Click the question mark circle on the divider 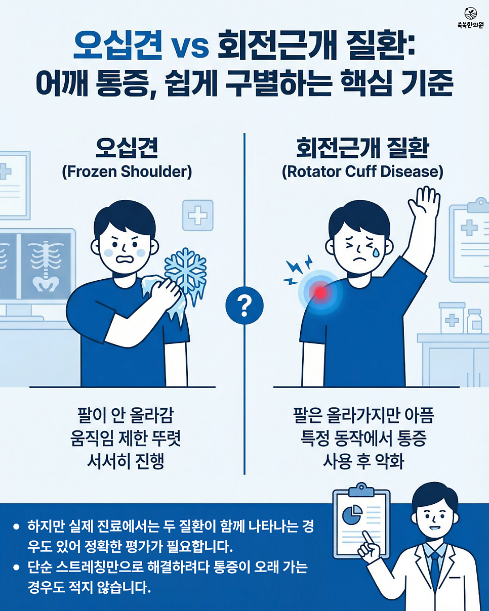244,305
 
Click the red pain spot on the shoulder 320,292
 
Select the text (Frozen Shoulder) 127,172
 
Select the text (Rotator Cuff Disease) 362,172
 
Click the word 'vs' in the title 191,47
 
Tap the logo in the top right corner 471,18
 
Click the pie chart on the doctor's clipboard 352,514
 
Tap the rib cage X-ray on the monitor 46,266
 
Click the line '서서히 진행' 126,461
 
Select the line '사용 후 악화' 363,461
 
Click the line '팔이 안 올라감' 126,415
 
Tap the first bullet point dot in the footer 16,527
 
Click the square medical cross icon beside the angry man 198,215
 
